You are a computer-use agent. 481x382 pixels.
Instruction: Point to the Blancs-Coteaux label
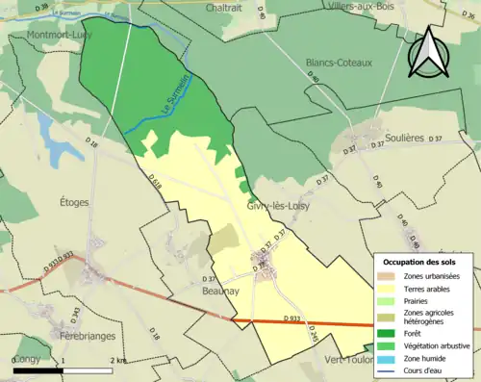click(x=338, y=62)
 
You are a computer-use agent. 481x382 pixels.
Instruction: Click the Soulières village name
click(x=404, y=138)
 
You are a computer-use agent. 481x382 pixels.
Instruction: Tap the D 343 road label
click(x=75, y=314)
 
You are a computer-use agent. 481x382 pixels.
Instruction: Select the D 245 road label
click(x=313, y=333)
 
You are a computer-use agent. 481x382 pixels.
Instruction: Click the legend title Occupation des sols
click(x=420, y=262)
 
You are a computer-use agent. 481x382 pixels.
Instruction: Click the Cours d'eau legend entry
click(x=429, y=370)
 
